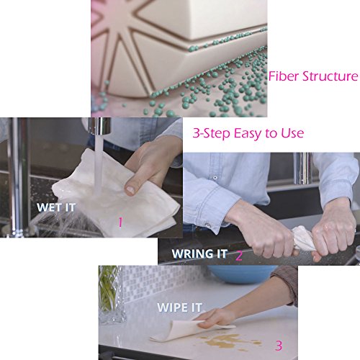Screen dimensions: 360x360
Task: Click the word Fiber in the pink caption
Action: [284, 76]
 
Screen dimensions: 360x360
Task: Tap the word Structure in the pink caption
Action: [330, 76]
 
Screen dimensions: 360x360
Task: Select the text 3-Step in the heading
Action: [212, 133]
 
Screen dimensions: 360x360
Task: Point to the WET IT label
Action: [56, 207]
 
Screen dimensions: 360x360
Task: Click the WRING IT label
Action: [199, 253]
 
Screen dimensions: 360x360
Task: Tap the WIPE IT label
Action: [179, 307]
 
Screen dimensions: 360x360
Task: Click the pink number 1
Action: [120, 222]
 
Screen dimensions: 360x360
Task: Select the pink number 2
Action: [239, 256]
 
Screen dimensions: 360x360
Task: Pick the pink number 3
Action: [279, 346]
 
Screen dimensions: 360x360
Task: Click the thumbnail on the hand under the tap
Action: [130, 190]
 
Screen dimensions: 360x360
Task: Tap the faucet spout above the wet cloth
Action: [99, 126]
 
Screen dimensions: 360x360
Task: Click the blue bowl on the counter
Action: [243, 274]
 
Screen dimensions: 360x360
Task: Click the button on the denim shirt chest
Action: [215, 178]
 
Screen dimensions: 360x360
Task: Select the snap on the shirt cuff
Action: [208, 225]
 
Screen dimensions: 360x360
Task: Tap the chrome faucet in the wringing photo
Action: [303, 168]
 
